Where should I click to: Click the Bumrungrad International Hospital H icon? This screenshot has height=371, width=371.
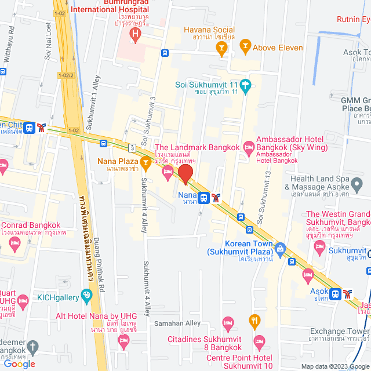[135, 34]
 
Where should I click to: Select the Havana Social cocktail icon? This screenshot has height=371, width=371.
[221, 50]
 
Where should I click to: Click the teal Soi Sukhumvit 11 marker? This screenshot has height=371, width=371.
[246, 85]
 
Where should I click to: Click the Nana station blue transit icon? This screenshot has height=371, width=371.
[204, 198]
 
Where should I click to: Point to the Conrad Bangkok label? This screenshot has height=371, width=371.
[31, 225]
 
